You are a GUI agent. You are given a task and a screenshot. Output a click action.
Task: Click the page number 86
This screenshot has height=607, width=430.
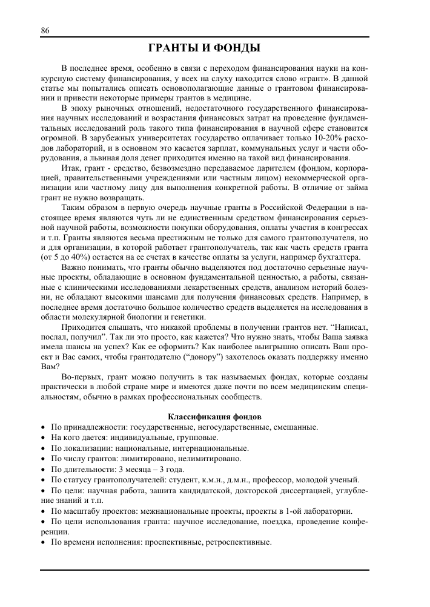click(45, 31)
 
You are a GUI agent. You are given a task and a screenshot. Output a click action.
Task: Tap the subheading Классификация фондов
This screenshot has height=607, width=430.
click(214, 417)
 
